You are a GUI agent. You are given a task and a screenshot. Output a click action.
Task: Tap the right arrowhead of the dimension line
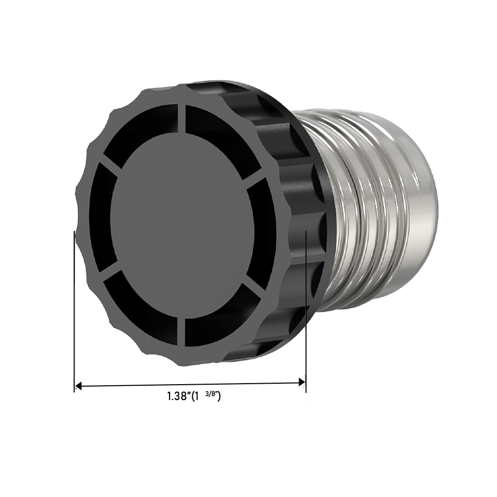coord(301,382)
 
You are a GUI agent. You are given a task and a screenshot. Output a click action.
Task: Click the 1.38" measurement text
coord(179,397)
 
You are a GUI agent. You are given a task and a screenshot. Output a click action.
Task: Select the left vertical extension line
coord(74,308)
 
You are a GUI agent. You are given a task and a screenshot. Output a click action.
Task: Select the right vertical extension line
coord(306,308)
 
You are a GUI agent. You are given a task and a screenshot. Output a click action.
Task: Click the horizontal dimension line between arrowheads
coord(189,384)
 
